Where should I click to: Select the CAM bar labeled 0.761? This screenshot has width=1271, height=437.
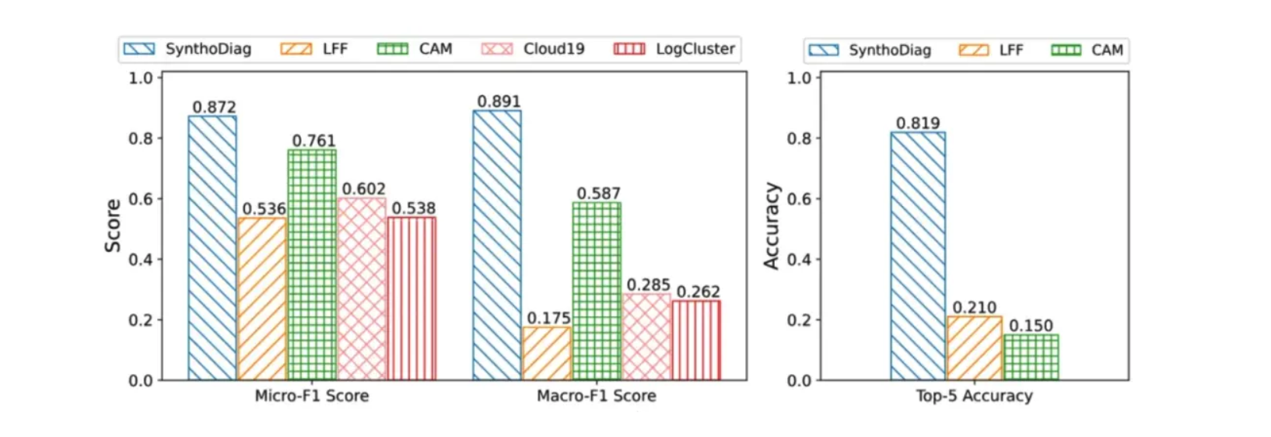tap(312, 264)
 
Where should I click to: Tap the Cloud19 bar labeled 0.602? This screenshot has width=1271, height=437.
tap(362, 288)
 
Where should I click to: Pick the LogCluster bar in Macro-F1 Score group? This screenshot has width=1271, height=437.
tap(696, 340)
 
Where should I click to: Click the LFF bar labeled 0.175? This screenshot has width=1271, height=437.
tap(547, 353)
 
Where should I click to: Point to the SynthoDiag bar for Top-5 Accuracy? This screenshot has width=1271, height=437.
tap(918, 256)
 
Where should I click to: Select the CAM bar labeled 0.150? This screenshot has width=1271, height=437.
tap(1031, 357)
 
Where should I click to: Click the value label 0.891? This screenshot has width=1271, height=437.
tap(499, 102)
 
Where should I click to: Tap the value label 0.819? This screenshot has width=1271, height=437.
tap(918, 123)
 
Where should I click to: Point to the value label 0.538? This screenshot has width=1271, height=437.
tap(413, 208)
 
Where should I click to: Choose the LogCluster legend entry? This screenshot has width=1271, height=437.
tap(674, 49)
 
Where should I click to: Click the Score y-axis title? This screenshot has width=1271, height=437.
tap(113, 225)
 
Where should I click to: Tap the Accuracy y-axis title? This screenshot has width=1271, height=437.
tap(771, 226)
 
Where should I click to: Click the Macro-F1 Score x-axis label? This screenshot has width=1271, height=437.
tap(597, 396)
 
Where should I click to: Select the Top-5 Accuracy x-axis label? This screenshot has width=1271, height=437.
tap(974, 396)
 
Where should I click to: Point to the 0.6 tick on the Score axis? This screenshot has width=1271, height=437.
tap(141, 199)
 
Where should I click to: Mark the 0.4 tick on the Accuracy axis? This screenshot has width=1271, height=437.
tap(799, 260)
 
